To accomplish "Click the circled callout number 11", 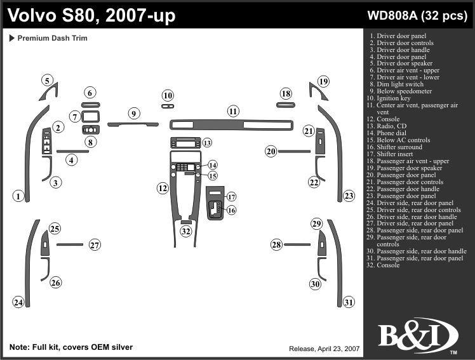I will [234, 111].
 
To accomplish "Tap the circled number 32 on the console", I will [185, 231].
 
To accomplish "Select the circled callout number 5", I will [47, 80].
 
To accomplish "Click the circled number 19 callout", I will [323, 81].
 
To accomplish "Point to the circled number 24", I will [19, 302].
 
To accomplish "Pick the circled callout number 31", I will [348, 302].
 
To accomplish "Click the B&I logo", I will [418, 335].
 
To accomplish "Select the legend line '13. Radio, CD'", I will [389, 126].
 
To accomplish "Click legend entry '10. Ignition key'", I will [389, 98].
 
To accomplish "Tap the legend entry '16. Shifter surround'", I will [397, 147].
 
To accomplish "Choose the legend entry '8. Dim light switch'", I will [396, 84].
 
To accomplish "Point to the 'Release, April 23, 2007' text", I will [324, 349].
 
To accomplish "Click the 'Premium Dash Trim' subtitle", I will [52, 38].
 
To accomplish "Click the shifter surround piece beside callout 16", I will [216, 203].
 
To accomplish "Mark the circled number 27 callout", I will [95, 245].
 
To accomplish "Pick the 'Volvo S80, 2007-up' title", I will [90, 15].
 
